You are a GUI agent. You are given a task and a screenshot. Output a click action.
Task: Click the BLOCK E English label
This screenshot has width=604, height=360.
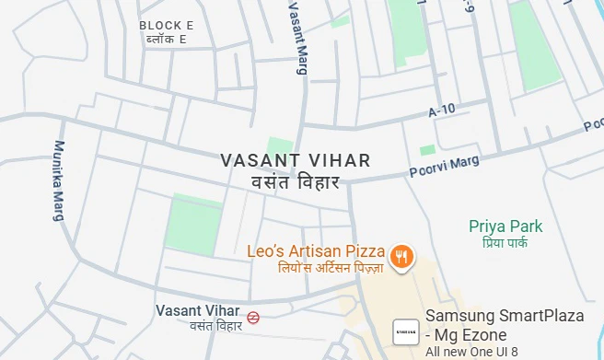tap(167, 26)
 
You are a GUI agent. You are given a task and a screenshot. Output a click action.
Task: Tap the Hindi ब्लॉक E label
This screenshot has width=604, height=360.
tap(167, 40)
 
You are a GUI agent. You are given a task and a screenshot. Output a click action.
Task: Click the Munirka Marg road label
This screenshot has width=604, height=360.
tap(61, 180)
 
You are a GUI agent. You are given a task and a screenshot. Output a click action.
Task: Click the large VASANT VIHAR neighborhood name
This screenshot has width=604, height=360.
tap(296, 160)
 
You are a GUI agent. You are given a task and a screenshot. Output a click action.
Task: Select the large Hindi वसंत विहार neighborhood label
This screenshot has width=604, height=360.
tap(296, 181)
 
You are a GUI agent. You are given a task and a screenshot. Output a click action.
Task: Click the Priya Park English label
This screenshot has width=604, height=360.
tap(505, 226)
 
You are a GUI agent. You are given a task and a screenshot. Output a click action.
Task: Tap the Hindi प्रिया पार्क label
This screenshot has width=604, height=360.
tap(505, 243)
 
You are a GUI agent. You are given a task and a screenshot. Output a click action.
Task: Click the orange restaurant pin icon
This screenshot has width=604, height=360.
tap(401, 257)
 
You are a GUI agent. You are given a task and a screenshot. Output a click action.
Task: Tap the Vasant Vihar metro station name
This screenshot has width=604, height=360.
tap(198, 310)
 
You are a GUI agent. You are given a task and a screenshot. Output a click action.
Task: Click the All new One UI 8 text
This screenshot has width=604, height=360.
tap(472, 352)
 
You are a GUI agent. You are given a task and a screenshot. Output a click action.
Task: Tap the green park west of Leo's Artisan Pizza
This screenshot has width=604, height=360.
tap(193, 225)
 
